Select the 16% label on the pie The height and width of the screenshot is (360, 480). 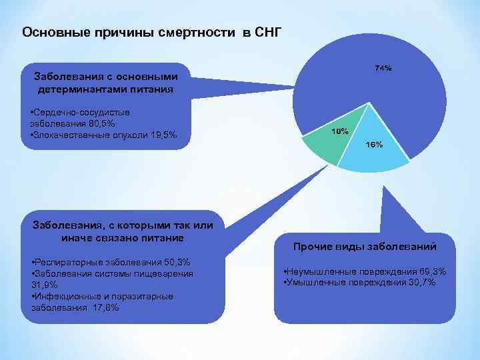click(374, 144)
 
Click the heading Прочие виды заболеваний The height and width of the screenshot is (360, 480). click(365, 247)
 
